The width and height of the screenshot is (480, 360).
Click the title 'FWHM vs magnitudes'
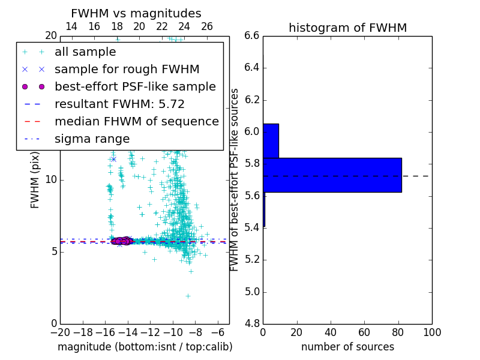coord(136,13)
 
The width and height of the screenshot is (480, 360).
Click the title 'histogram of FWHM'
coord(347,28)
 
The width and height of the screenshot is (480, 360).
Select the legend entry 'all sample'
coord(85,52)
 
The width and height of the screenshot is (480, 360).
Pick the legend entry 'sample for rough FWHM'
coord(127,70)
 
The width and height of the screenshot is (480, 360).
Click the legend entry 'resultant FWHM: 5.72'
coord(119,104)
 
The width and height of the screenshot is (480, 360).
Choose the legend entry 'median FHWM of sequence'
coord(136,122)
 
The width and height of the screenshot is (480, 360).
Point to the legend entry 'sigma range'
coord(92,139)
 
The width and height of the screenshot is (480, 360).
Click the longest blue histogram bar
coord(332,175)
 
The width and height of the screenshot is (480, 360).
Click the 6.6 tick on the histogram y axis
coord(252,35)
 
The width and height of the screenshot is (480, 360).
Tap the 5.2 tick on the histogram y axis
coord(252,260)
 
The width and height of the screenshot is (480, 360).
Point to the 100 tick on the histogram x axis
coord(431,332)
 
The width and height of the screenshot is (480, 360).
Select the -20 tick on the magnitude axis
coord(60,332)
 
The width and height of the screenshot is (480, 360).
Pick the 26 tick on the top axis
coord(207,26)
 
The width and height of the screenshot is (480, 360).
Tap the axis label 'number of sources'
coord(347,347)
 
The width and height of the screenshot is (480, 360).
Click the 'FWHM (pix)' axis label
coord(35,179)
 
